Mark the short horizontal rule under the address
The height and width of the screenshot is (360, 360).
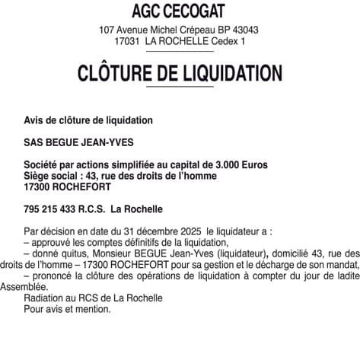point(180,52)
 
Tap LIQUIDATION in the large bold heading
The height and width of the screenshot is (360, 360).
point(235,74)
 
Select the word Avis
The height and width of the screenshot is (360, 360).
point(34,120)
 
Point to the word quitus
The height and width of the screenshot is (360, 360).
point(78,253)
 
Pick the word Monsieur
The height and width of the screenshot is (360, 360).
point(115,253)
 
